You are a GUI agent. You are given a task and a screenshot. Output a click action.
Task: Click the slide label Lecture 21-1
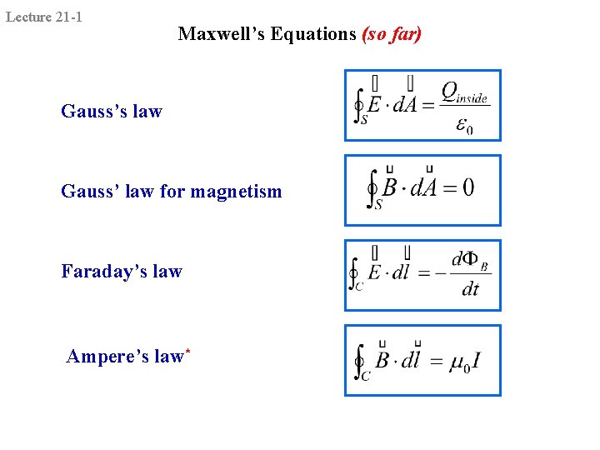44,16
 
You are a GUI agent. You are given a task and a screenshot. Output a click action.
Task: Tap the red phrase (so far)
392,34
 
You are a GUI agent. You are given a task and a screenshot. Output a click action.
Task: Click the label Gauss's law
112,112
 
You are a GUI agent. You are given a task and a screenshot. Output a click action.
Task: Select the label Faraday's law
122,272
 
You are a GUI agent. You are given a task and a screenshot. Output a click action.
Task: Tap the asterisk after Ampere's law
188,352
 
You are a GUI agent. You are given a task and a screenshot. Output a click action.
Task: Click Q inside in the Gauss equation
463,93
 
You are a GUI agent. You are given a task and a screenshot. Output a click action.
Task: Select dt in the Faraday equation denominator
470,290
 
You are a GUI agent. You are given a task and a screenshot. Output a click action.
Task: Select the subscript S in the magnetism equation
378,205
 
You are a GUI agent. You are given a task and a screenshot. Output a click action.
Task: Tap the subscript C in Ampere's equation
365,376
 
